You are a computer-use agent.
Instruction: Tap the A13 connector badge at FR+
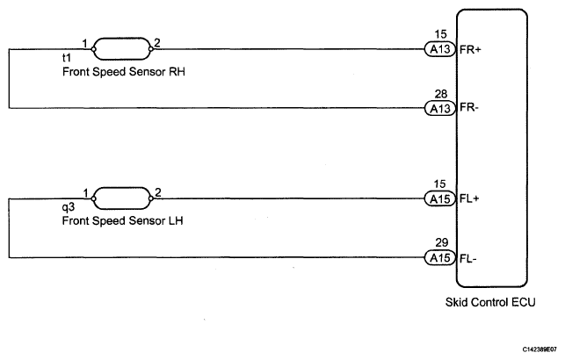click(438, 50)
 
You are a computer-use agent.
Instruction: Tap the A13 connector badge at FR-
click(438, 108)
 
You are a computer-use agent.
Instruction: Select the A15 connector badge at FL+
click(438, 199)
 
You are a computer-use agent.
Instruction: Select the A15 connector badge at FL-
click(438, 257)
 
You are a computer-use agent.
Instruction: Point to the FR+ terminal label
click(469, 50)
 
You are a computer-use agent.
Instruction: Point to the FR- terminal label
click(468, 108)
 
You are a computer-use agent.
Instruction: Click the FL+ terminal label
click(468, 199)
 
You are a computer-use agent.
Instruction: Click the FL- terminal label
click(467, 257)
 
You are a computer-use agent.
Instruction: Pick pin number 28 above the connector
click(438, 93)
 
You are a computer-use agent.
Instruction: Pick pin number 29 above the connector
click(438, 242)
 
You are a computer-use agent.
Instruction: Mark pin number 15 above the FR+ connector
click(438, 35)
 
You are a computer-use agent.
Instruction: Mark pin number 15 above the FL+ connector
click(438, 184)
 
